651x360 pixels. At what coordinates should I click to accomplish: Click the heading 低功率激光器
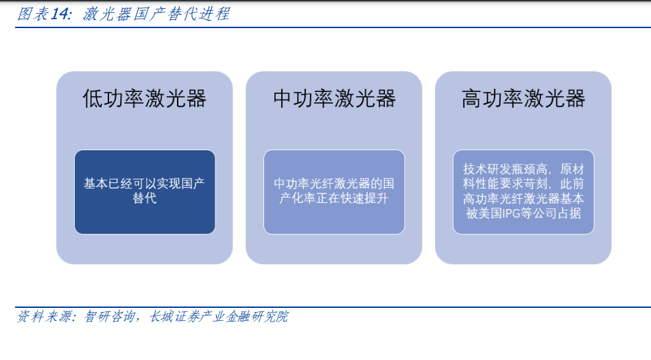pos(145,99)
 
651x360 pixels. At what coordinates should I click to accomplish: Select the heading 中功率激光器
pos(334,99)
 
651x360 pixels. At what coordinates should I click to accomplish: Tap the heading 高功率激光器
pos(523,99)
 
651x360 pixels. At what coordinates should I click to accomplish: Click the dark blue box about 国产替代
pos(145,192)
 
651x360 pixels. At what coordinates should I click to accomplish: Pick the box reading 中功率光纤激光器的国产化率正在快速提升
pos(334,192)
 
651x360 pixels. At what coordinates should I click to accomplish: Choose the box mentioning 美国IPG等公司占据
pos(523,192)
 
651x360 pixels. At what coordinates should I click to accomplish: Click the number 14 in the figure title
pos(60,14)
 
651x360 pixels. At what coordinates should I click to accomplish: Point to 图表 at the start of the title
pos(33,14)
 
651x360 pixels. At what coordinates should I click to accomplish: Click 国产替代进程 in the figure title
pos(182,14)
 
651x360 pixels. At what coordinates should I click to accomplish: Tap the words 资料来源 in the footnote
pos(44,317)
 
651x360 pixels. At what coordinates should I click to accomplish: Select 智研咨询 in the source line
pos(110,317)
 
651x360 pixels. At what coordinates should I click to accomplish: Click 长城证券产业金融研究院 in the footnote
pos(219,317)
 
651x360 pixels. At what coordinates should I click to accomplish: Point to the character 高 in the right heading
pos(472,99)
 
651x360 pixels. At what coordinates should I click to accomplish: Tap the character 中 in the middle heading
pos(283,99)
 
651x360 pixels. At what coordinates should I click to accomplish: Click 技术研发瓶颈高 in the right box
pos(506,169)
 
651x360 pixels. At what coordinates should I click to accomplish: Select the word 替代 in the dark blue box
pos(145,198)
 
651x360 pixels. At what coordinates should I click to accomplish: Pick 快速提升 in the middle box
pos(364,198)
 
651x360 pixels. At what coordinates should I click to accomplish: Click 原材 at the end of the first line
pos(571,169)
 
